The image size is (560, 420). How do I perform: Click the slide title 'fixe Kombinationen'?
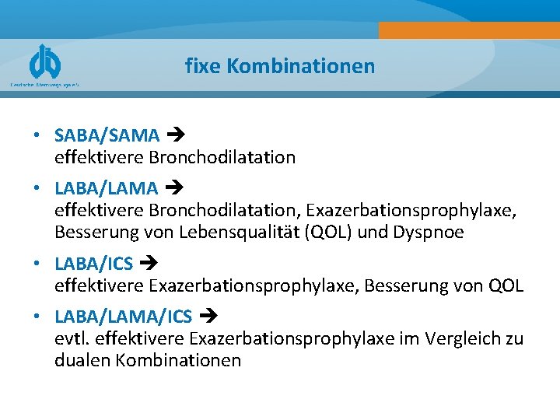[x=280, y=66]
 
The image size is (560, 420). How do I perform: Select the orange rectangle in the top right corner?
[x=469, y=30]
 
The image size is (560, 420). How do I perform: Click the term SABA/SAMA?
[x=107, y=135]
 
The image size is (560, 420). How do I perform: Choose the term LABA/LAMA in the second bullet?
[x=106, y=187]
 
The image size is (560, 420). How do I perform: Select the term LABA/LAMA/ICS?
[x=123, y=317]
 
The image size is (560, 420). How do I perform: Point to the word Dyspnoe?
[x=430, y=233]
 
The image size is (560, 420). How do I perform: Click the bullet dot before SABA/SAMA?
[x=37, y=136]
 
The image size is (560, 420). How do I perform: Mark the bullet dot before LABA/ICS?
[x=37, y=264]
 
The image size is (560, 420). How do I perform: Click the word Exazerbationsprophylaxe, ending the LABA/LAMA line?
[x=411, y=210]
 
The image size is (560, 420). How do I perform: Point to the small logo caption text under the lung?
[x=44, y=84]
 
